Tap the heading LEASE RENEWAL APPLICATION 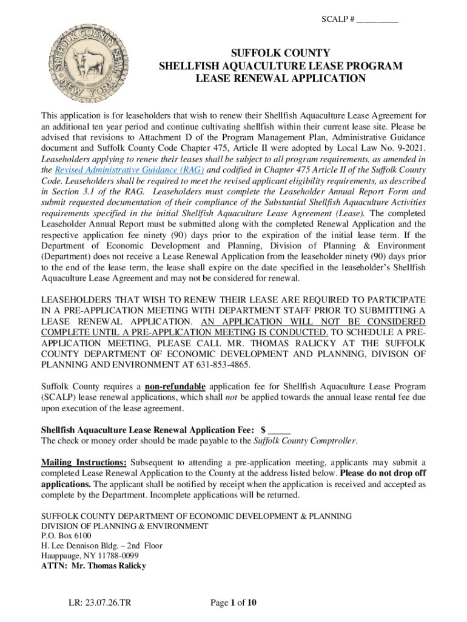280,78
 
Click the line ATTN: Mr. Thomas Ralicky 93,566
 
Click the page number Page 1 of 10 233,603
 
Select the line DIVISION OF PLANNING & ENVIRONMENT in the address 124,526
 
